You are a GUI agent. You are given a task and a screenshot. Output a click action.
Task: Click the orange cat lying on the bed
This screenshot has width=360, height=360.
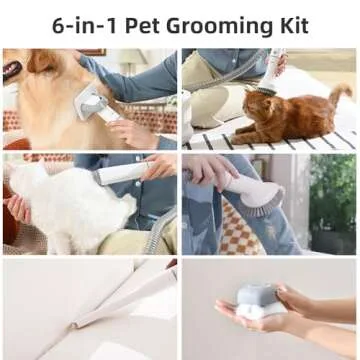pyautogui.click(x=286, y=114)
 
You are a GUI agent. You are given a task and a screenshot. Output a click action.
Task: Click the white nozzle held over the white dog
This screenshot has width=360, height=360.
pyautogui.click(x=121, y=173)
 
